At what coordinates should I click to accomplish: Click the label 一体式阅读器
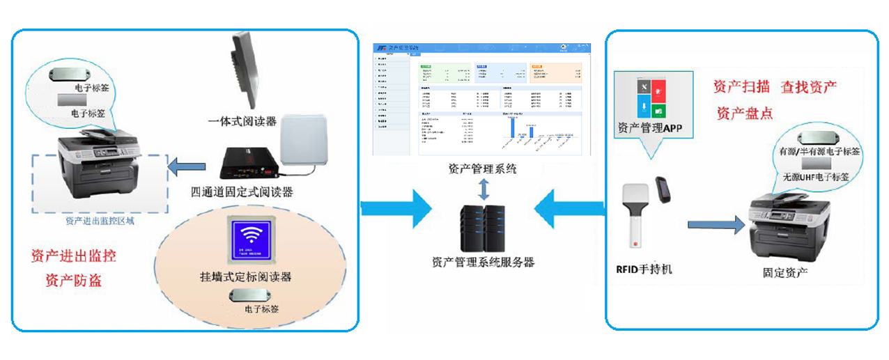(242, 122)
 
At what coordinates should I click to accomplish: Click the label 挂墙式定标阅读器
(245, 276)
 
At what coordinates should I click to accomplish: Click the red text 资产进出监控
(73, 256)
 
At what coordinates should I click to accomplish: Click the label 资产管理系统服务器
(483, 263)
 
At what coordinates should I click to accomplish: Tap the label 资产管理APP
(649, 128)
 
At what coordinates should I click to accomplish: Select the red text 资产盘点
(744, 113)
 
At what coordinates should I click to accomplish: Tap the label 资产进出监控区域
(100, 221)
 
